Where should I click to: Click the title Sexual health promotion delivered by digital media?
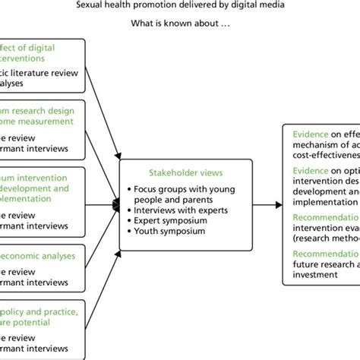(180, 7)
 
